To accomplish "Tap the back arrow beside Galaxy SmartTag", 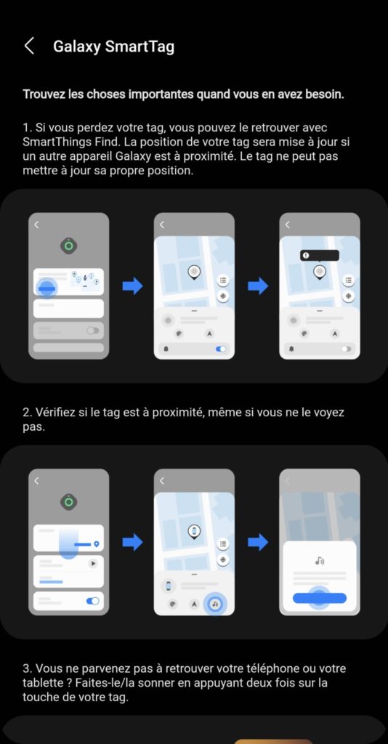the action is click(29, 46).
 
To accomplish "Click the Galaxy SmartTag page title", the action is click(113, 46).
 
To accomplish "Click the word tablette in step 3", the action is click(40, 683).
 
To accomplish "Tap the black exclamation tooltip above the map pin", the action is click(319, 255).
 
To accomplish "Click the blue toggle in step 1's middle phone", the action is click(221, 349).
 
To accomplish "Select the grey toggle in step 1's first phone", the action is click(93, 331).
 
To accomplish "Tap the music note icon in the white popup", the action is click(319, 561).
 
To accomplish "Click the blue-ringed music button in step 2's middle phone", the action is click(215, 604).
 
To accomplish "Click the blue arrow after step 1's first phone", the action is click(132, 286).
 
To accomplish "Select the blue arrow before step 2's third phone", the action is click(258, 542).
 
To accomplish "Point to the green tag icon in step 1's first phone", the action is click(69, 246).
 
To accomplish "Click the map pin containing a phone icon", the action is click(194, 531).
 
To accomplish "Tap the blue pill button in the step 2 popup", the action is click(319, 598).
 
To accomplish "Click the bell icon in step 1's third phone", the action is click(291, 349).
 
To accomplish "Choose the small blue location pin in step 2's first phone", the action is click(97, 543).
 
